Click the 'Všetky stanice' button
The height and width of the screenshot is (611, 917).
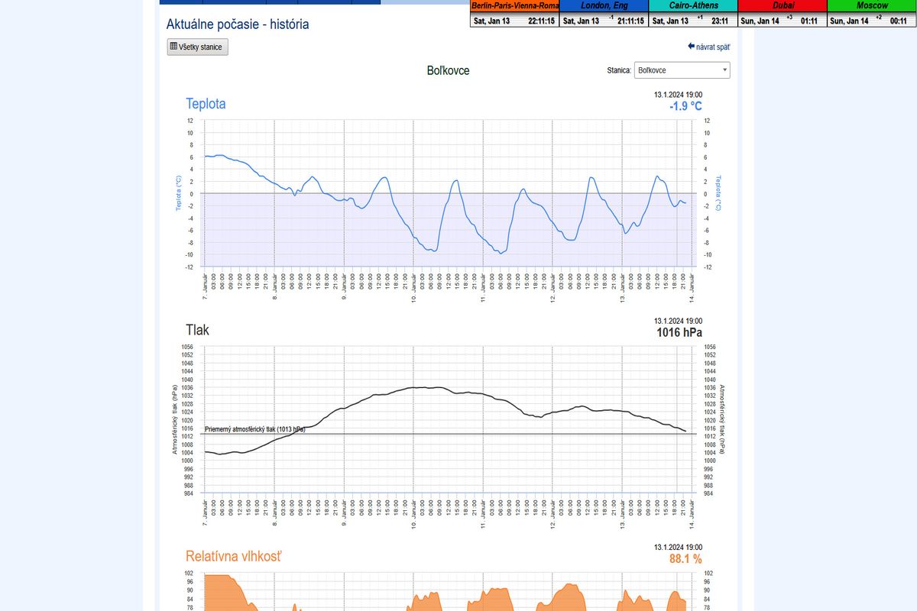(x=197, y=47)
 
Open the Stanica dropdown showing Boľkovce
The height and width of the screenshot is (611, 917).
(x=682, y=70)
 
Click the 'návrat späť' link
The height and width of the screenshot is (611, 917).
(x=709, y=47)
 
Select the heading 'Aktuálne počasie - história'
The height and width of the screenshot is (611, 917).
(x=238, y=24)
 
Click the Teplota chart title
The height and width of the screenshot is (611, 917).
(x=206, y=104)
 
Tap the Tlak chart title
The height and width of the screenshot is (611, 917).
(x=197, y=330)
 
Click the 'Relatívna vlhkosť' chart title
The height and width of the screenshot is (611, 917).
(x=233, y=556)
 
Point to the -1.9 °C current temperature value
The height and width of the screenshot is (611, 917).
(x=685, y=106)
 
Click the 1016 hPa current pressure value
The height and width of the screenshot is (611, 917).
(x=679, y=332)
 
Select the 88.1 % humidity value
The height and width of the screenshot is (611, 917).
(x=685, y=559)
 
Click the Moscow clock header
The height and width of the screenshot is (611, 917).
(x=872, y=5)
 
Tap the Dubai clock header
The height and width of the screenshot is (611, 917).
(x=783, y=5)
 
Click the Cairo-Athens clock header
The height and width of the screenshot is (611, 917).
(x=693, y=5)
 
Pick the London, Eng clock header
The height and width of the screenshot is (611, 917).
(x=604, y=5)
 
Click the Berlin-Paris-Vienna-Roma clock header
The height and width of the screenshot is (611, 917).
(x=515, y=5)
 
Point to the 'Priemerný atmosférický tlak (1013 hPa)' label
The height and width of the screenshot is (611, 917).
(x=255, y=429)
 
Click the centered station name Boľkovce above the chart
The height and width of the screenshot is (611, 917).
(x=448, y=70)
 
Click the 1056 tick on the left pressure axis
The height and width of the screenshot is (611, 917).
(x=187, y=347)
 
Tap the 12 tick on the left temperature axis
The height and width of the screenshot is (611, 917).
(x=190, y=121)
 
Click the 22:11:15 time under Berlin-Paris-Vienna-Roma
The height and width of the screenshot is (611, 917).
(x=541, y=21)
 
